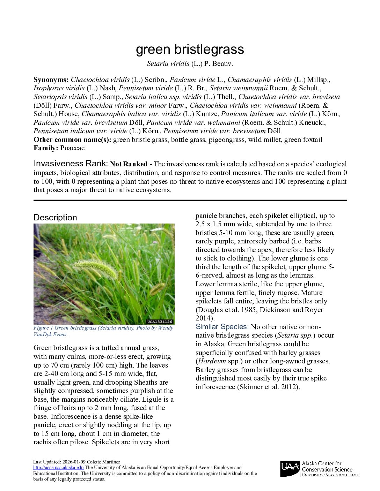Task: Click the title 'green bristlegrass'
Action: pos(190,49)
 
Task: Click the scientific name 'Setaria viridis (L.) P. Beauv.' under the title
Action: pos(190,64)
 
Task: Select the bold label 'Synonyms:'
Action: pos(51,80)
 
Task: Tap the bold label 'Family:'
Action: pos(46,148)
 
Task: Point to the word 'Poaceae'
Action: pos(72,148)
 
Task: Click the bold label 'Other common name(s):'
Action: pos(72,140)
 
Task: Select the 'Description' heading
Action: pos(55,218)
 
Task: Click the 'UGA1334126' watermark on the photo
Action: pos(160,322)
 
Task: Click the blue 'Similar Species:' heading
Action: pos(222,327)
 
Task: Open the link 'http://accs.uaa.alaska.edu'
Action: pos(58,468)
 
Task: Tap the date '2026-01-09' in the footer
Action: pos(74,462)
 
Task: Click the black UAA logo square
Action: pos(290,468)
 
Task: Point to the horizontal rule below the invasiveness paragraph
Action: pos(190,201)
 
